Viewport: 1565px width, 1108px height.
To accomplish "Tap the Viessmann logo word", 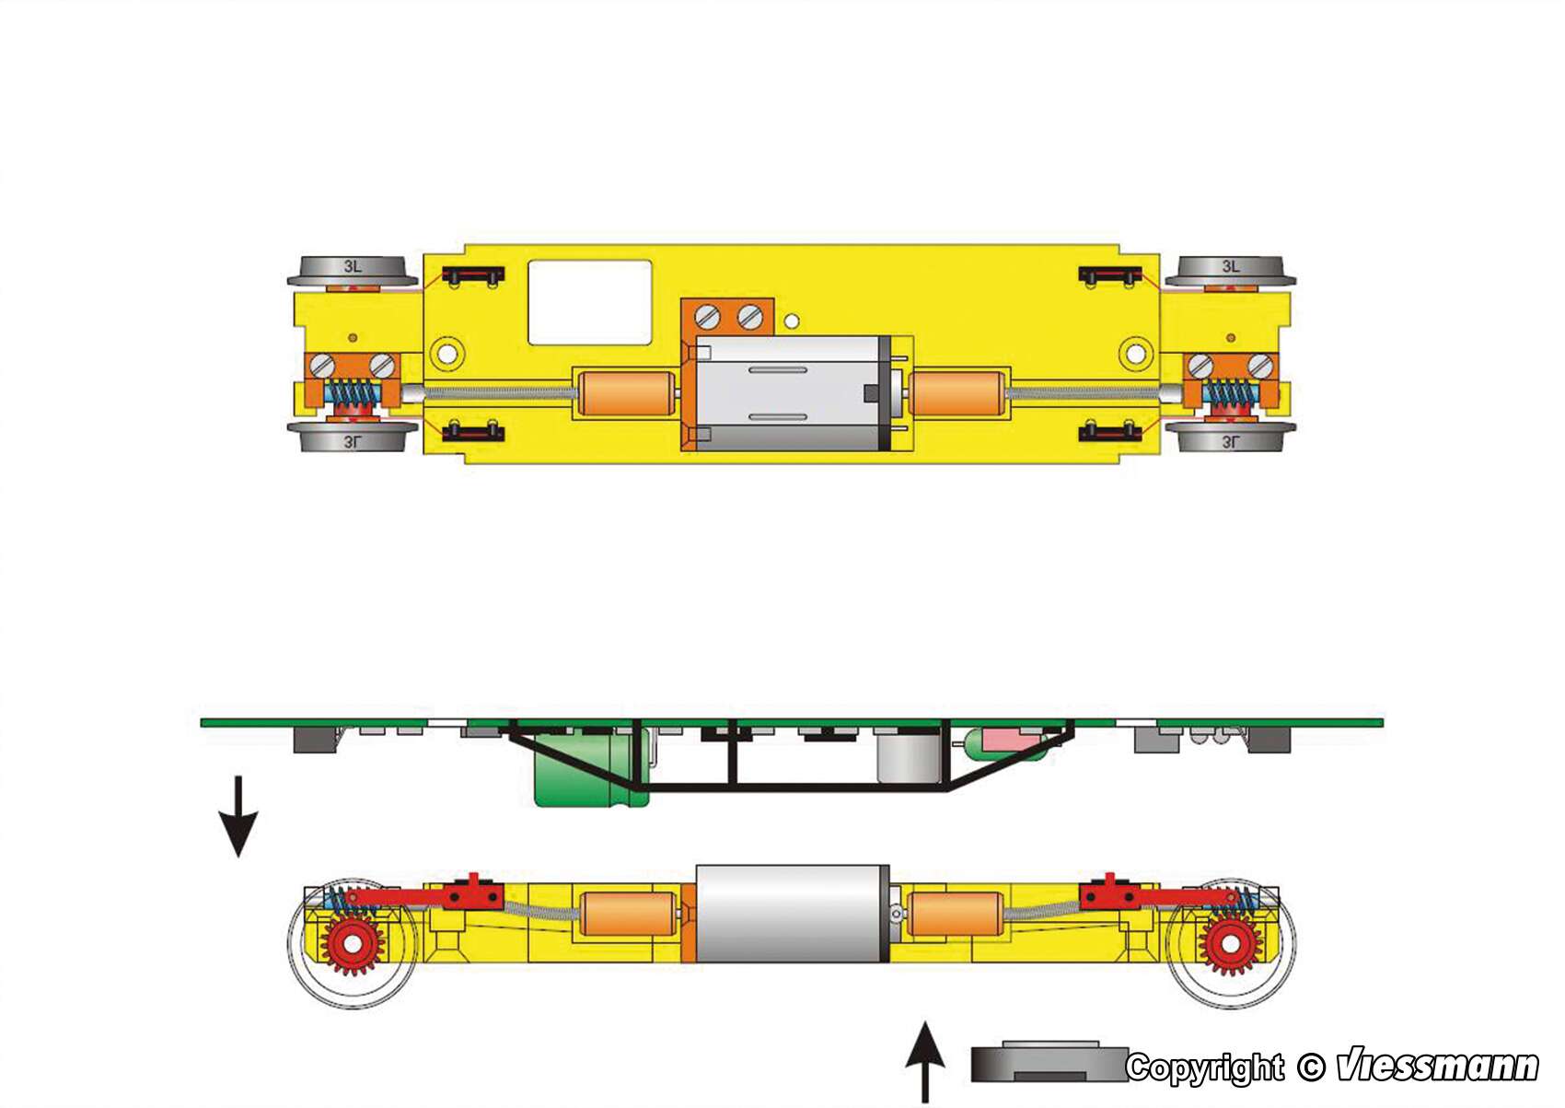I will click(1437, 1066).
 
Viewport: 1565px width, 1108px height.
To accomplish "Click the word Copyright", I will click(1205, 1067).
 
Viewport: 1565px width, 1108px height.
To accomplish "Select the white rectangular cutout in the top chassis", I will click(589, 302).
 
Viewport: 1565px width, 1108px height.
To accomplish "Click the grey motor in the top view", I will click(792, 393).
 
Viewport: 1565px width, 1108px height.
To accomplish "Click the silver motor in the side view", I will click(792, 914).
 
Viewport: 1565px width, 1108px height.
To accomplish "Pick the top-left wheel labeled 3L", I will click(352, 270).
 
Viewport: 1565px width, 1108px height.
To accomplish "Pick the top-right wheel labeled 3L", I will click(1230, 270).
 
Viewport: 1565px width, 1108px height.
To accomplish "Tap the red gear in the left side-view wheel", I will click(350, 944).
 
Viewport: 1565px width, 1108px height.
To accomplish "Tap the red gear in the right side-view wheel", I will click(1230, 944).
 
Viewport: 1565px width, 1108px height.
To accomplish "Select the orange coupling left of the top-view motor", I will click(626, 393).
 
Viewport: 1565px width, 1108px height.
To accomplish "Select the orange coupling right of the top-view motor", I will click(957, 393).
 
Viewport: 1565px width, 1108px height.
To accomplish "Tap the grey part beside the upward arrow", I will click(1049, 1063).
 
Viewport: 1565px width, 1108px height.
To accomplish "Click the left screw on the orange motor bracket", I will click(708, 317).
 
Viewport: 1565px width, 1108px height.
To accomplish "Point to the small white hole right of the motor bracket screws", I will click(792, 321).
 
